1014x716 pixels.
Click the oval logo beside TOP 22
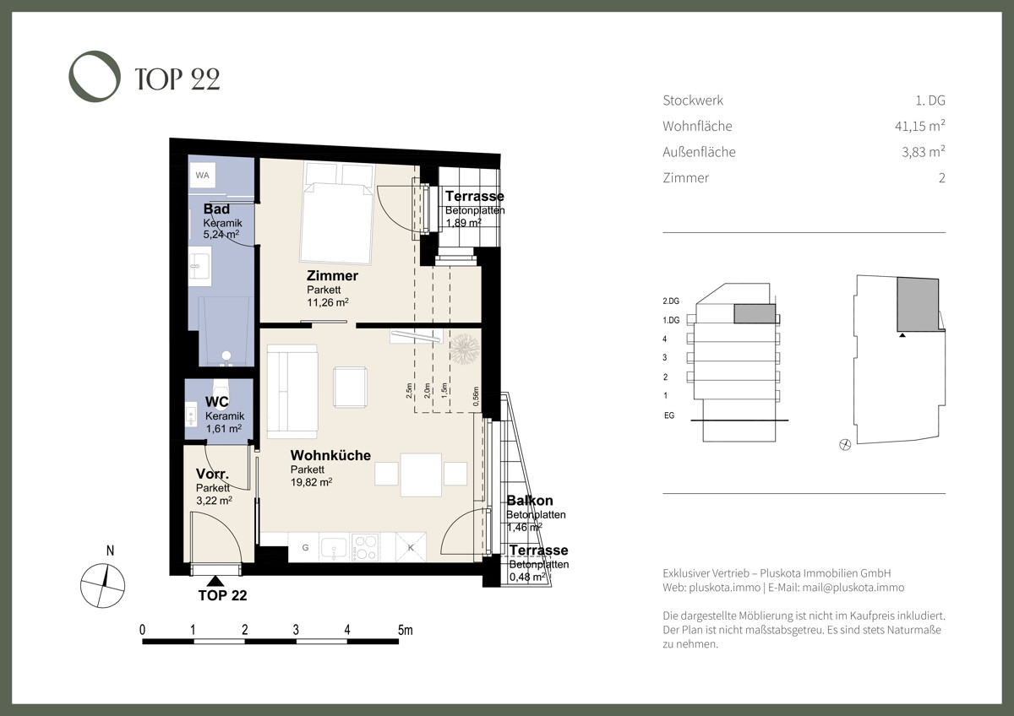(95, 78)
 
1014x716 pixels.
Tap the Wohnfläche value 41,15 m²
(913, 126)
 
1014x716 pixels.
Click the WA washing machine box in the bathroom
(202, 176)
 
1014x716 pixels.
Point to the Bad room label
(216, 209)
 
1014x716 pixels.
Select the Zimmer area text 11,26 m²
(328, 302)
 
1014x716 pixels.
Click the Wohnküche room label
(330, 456)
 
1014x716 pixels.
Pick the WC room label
(217, 402)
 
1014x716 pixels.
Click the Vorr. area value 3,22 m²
(214, 500)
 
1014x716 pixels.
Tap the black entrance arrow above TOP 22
(216, 580)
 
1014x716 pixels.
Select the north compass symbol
(102, 585)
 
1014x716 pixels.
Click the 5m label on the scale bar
(406, 630)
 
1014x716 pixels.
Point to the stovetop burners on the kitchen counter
(366, 547)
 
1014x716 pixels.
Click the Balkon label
(530, 502)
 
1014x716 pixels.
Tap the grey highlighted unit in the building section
(755, 314)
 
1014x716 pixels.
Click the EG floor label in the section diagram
(669, 415)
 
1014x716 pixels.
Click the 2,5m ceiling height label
(410, 391)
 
